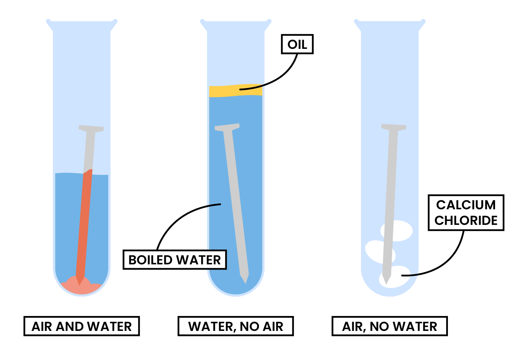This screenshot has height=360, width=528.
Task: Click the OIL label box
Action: [x=297, y=44]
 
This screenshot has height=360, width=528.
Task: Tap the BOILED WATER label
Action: [x=174, y=260]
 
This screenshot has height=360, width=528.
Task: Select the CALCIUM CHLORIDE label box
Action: [x=466, y=213]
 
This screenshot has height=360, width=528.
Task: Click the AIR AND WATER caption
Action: [x=81, y=326]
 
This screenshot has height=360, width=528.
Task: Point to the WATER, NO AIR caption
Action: [x=235, y=326]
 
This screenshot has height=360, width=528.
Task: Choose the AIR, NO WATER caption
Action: [x=389, y=326]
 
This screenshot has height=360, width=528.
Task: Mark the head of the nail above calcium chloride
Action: [x=394, y=127]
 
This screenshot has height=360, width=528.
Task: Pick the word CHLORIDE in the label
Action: [x=466, y=220]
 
